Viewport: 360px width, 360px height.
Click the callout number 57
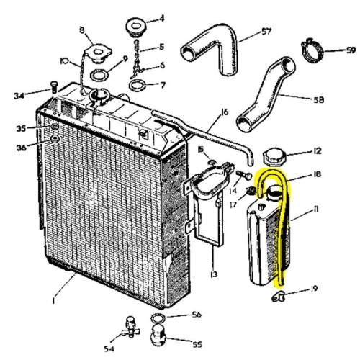(246, 32)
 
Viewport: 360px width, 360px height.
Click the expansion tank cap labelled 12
(275, 156)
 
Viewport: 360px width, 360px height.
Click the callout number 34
(20, 94)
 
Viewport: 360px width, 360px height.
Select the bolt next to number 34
(53, 90)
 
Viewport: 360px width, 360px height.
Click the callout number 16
(225, 112)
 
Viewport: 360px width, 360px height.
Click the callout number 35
(22, 127)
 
